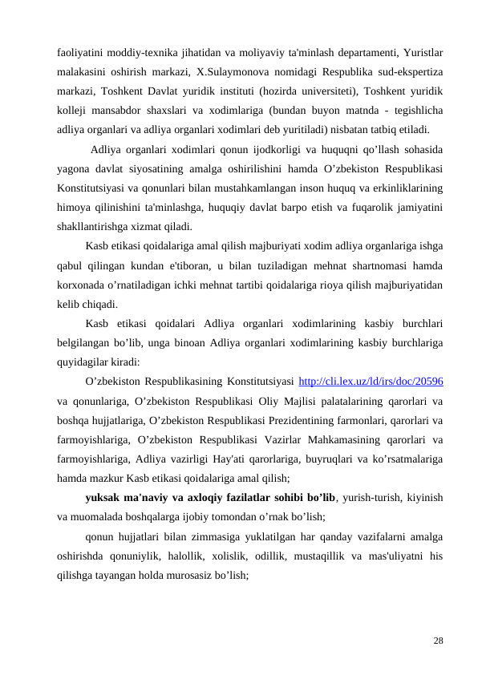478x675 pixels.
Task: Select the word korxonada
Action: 82,285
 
